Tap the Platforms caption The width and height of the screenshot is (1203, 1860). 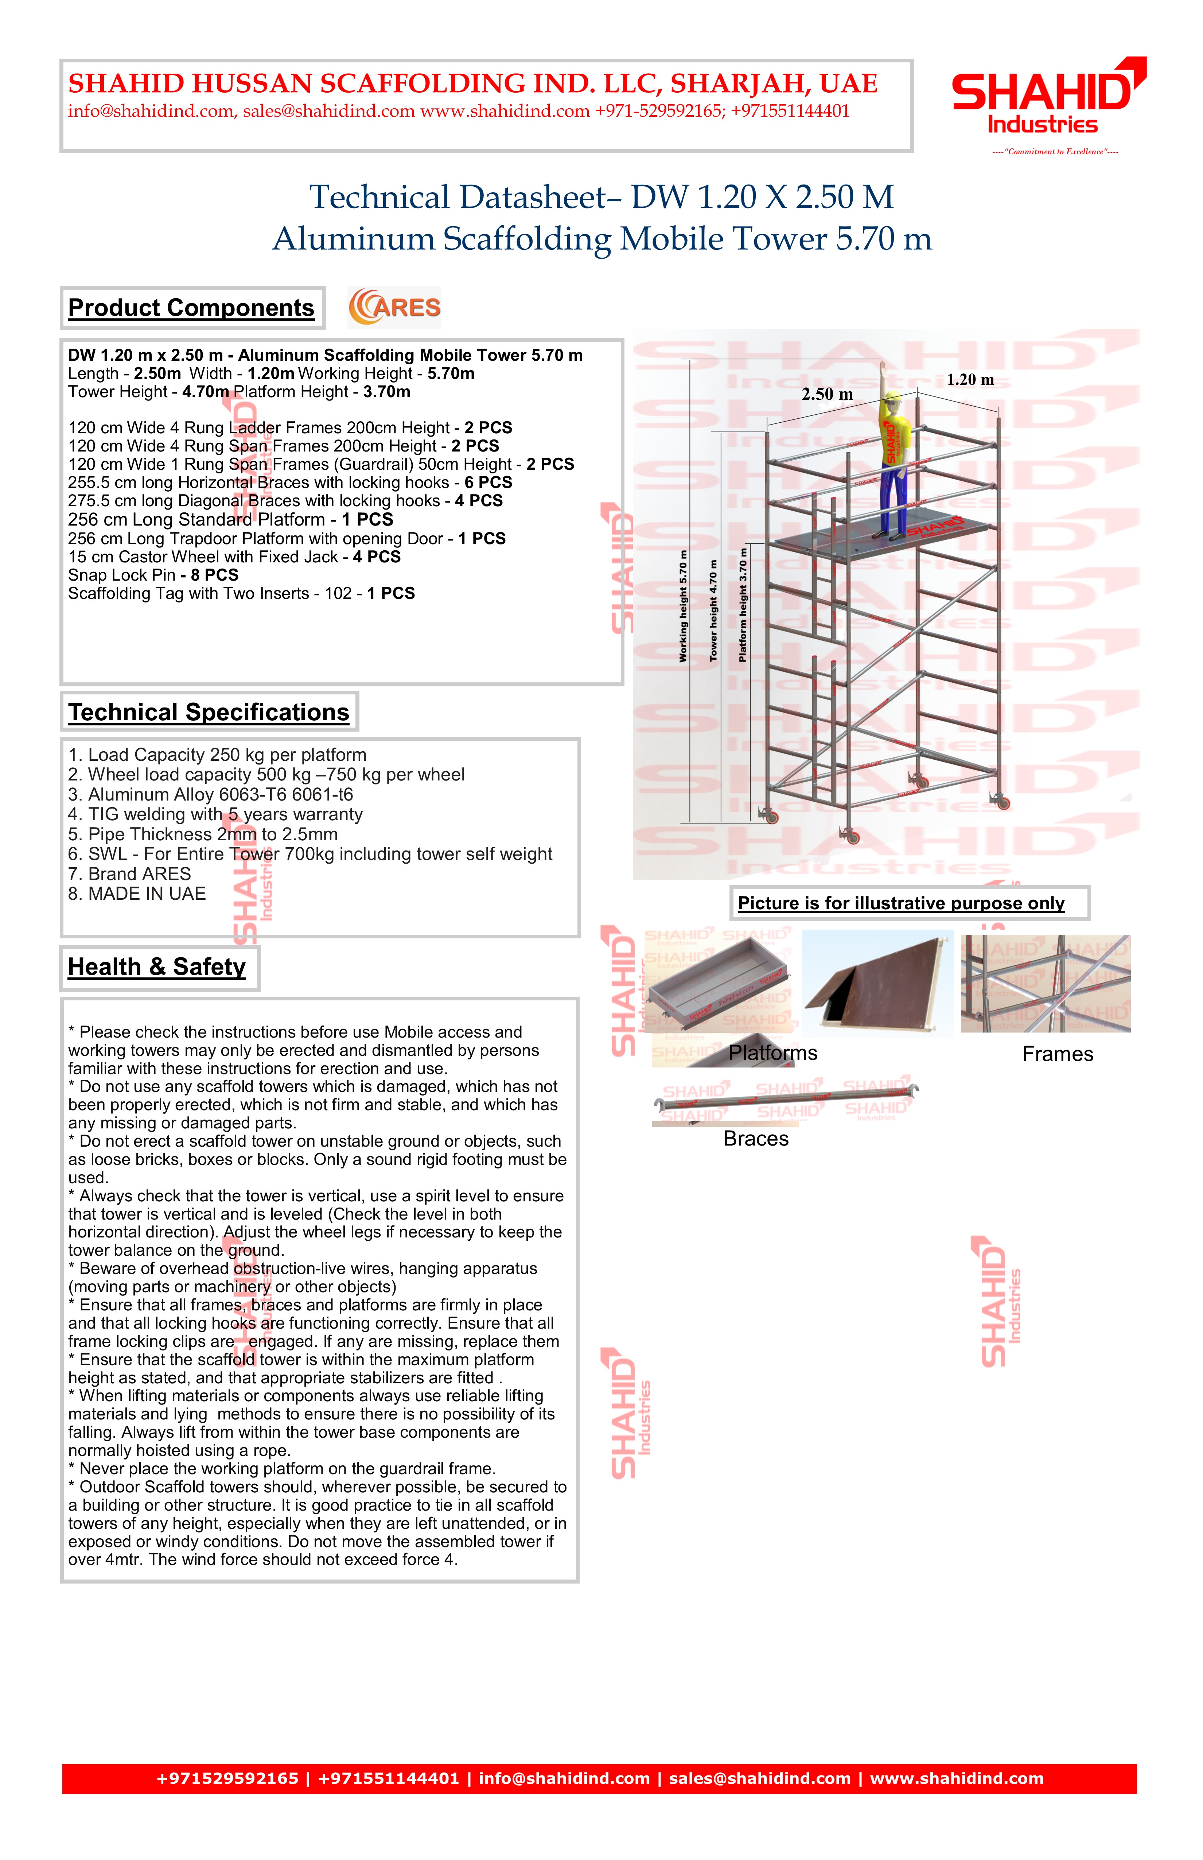[x=772, y=1054]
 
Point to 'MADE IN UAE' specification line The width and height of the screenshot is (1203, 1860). [x=137, y=894]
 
